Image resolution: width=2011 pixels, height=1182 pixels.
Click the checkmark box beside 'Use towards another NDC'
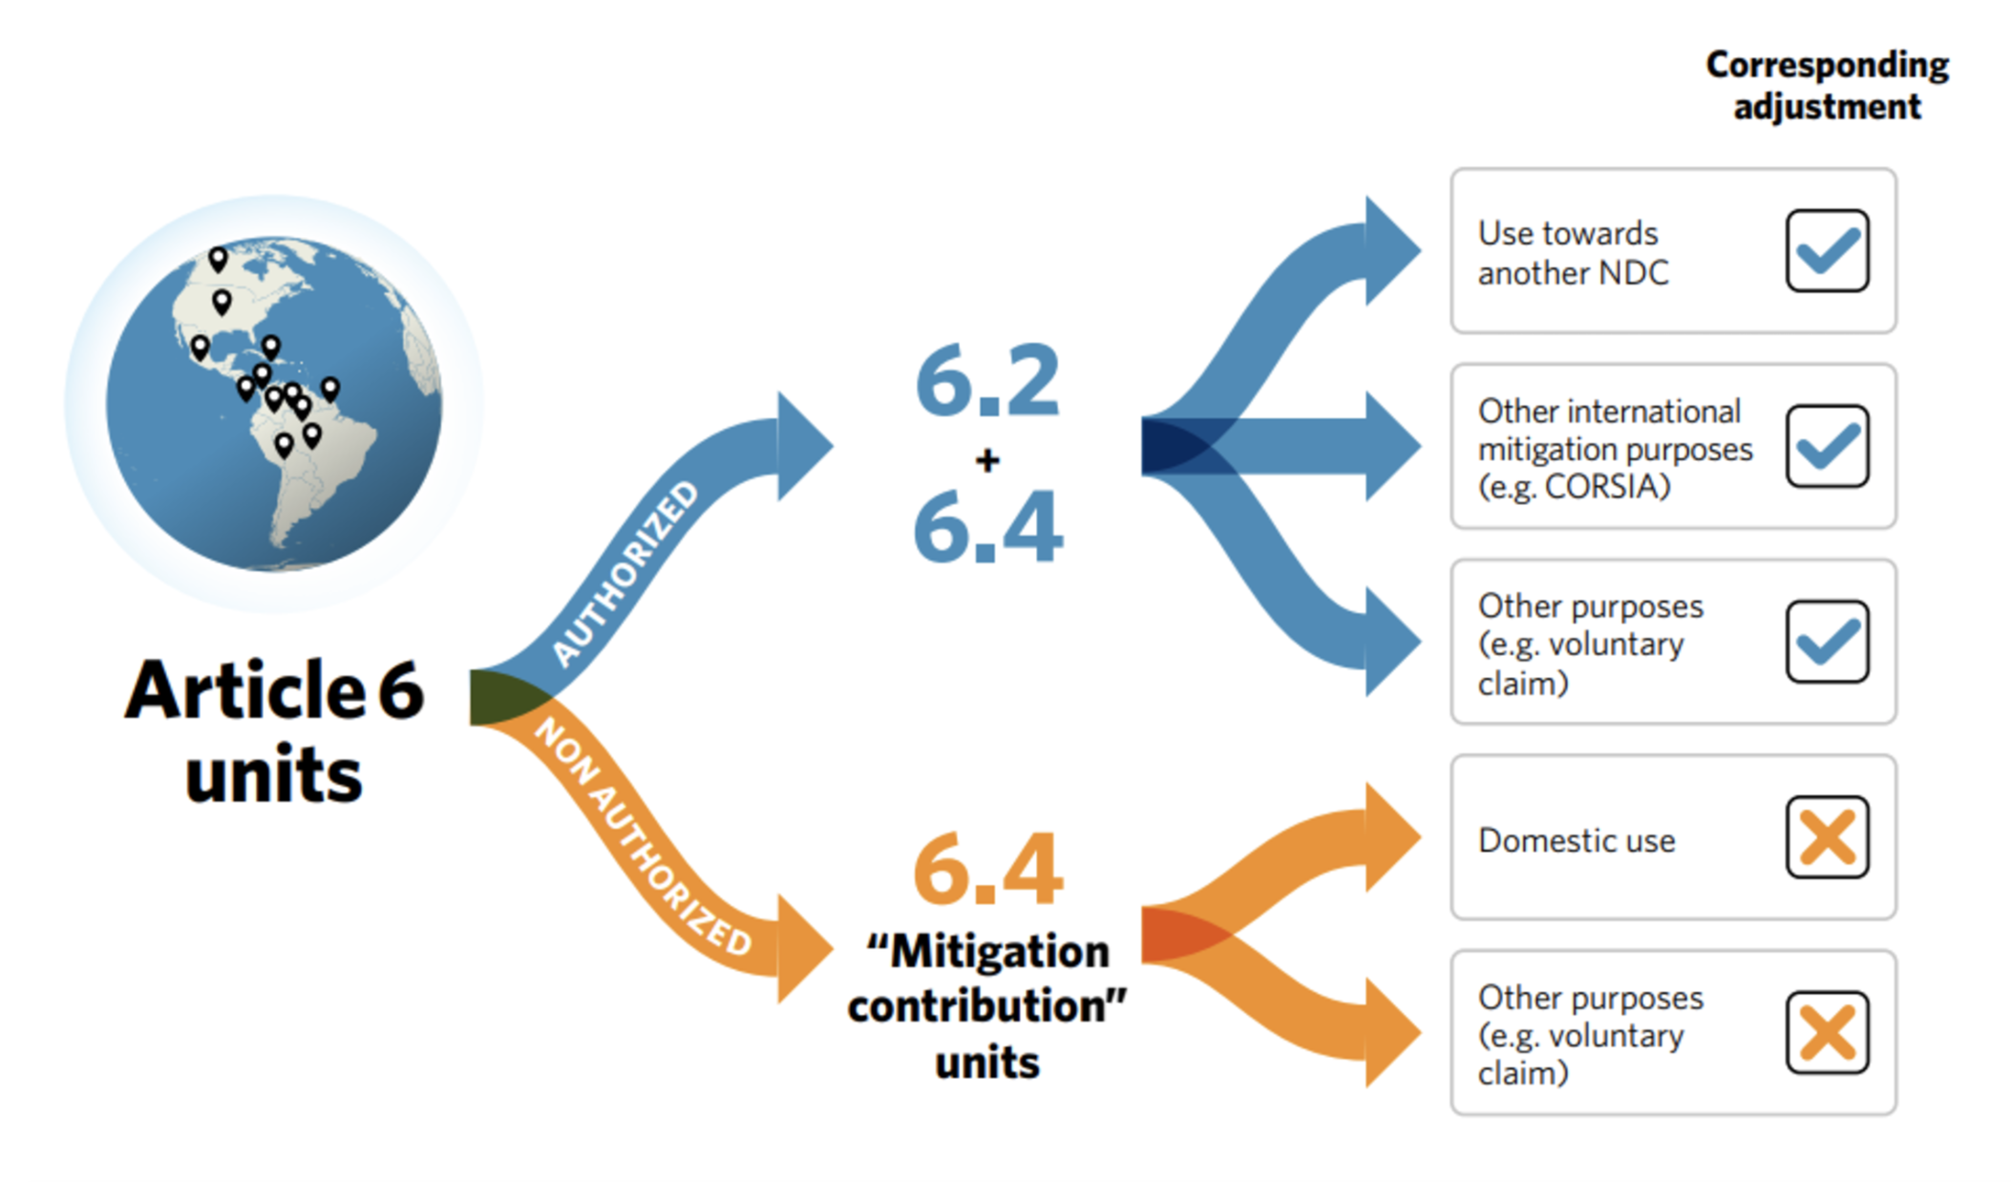1826,251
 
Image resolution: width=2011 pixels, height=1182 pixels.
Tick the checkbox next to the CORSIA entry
1826,446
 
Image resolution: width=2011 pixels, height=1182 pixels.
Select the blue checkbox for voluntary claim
1826,642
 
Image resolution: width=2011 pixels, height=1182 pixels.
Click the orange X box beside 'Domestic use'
1826,837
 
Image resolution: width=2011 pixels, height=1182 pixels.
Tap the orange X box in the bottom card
1826,1032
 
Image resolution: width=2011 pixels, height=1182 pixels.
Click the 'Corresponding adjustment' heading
1826,85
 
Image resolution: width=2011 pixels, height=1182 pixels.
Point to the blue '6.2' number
987,382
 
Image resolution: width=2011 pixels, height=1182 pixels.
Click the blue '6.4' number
987,527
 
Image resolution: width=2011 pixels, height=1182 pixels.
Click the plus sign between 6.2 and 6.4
987,461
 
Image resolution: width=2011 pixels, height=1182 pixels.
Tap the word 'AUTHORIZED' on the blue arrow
626,572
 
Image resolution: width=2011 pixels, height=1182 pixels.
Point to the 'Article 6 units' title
274,730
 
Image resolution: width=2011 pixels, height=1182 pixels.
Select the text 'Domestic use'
1576,840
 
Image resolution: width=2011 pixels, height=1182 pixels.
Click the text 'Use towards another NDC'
1572,253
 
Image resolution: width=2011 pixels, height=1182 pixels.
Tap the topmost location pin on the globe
218,258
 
